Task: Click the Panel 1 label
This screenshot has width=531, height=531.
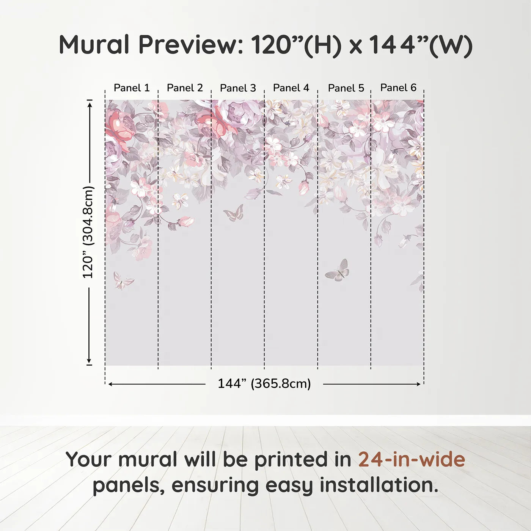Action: pos(132,88)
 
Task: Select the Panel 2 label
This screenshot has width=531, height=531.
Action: pos(185,88)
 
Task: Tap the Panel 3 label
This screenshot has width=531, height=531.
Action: pos(238,88)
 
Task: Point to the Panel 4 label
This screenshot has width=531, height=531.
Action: pos(291,88)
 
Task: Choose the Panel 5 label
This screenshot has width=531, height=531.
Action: pos(346,88)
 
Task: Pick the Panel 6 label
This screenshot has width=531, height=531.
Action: pos(398,88)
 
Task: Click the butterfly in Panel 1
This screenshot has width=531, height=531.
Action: pos(123,281)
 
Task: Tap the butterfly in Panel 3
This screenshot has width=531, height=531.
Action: pos(234,213)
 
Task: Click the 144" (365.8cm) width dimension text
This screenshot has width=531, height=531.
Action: pos(264,383)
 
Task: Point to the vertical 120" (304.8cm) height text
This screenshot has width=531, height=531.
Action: pos(88,232)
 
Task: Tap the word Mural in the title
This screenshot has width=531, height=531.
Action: pos(94,44)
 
